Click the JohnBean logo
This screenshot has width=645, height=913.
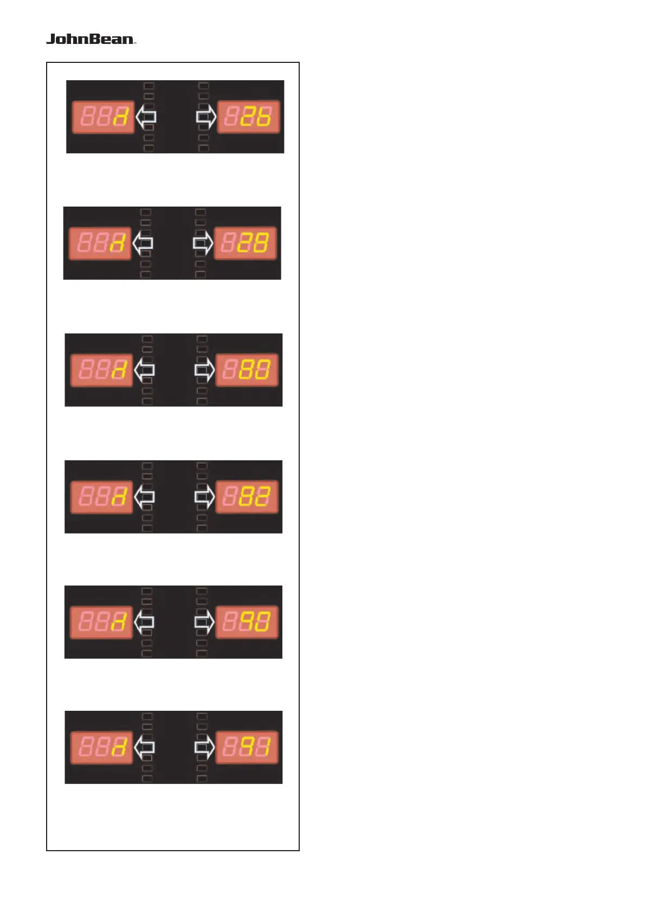[91, 39]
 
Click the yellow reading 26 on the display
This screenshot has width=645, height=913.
[256, 117]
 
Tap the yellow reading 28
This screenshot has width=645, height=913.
[253, 243]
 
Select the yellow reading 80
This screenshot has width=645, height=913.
[254, 370]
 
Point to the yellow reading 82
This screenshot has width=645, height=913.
[254, 497]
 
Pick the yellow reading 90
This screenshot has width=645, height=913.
[254, 622]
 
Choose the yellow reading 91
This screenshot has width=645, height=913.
[254, 748]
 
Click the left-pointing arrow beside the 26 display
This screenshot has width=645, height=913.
[146, 117]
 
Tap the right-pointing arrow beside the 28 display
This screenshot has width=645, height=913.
[203, 243]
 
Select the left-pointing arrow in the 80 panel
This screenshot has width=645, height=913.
[144, 370]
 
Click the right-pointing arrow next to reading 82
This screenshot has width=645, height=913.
[204, 497]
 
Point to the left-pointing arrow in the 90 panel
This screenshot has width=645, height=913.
[144, 622]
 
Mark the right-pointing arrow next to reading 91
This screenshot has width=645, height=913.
[204, 748]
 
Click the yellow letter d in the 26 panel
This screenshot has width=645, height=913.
[121, 117]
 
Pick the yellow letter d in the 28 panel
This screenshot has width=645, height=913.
[118, 244]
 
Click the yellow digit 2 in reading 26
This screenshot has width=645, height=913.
[248, 117]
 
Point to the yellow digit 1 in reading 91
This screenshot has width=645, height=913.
[263, 748]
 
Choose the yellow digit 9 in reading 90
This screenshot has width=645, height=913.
[246, 622]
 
